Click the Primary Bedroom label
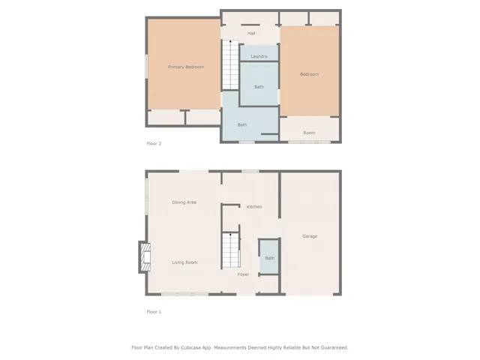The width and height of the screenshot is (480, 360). [186, 67]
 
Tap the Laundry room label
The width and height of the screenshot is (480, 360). [259, 57]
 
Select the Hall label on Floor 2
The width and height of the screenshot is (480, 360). [251, 34]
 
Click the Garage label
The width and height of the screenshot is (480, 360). [310, 236]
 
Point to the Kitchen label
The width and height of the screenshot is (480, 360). [254, 206]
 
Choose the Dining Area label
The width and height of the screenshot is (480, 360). [184, 202]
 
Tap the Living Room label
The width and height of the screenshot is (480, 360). [184, 262]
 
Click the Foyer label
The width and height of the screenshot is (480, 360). [244, 274]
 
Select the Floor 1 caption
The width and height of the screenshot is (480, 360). [154, 311]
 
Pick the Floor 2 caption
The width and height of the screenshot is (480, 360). [154, 143]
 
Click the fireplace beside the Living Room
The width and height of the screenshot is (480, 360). [143, 257]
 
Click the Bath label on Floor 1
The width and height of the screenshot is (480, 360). [269, 258]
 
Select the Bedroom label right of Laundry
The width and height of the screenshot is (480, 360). [309, 74]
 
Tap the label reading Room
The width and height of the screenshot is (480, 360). [309, 133]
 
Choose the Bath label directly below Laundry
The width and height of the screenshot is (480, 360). [259, 87]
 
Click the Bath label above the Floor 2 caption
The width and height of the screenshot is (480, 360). [242, 124]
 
